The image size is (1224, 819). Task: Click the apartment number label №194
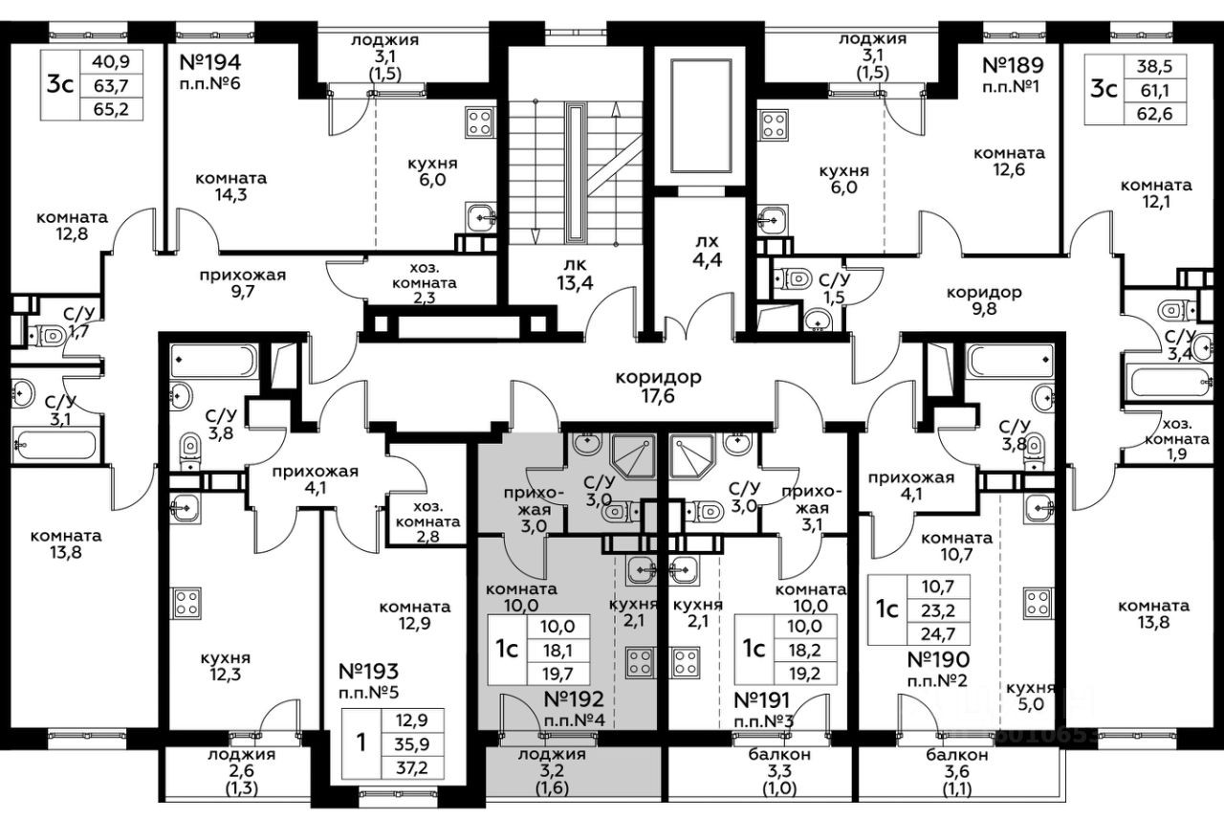coord(209,64)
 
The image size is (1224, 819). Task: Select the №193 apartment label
coord(368,671)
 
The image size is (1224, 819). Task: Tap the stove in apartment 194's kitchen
coord(478,122)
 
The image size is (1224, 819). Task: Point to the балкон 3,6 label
coord(956,764)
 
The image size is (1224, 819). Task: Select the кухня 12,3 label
coord(226,667)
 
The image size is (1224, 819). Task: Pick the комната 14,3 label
coord(230,187)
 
